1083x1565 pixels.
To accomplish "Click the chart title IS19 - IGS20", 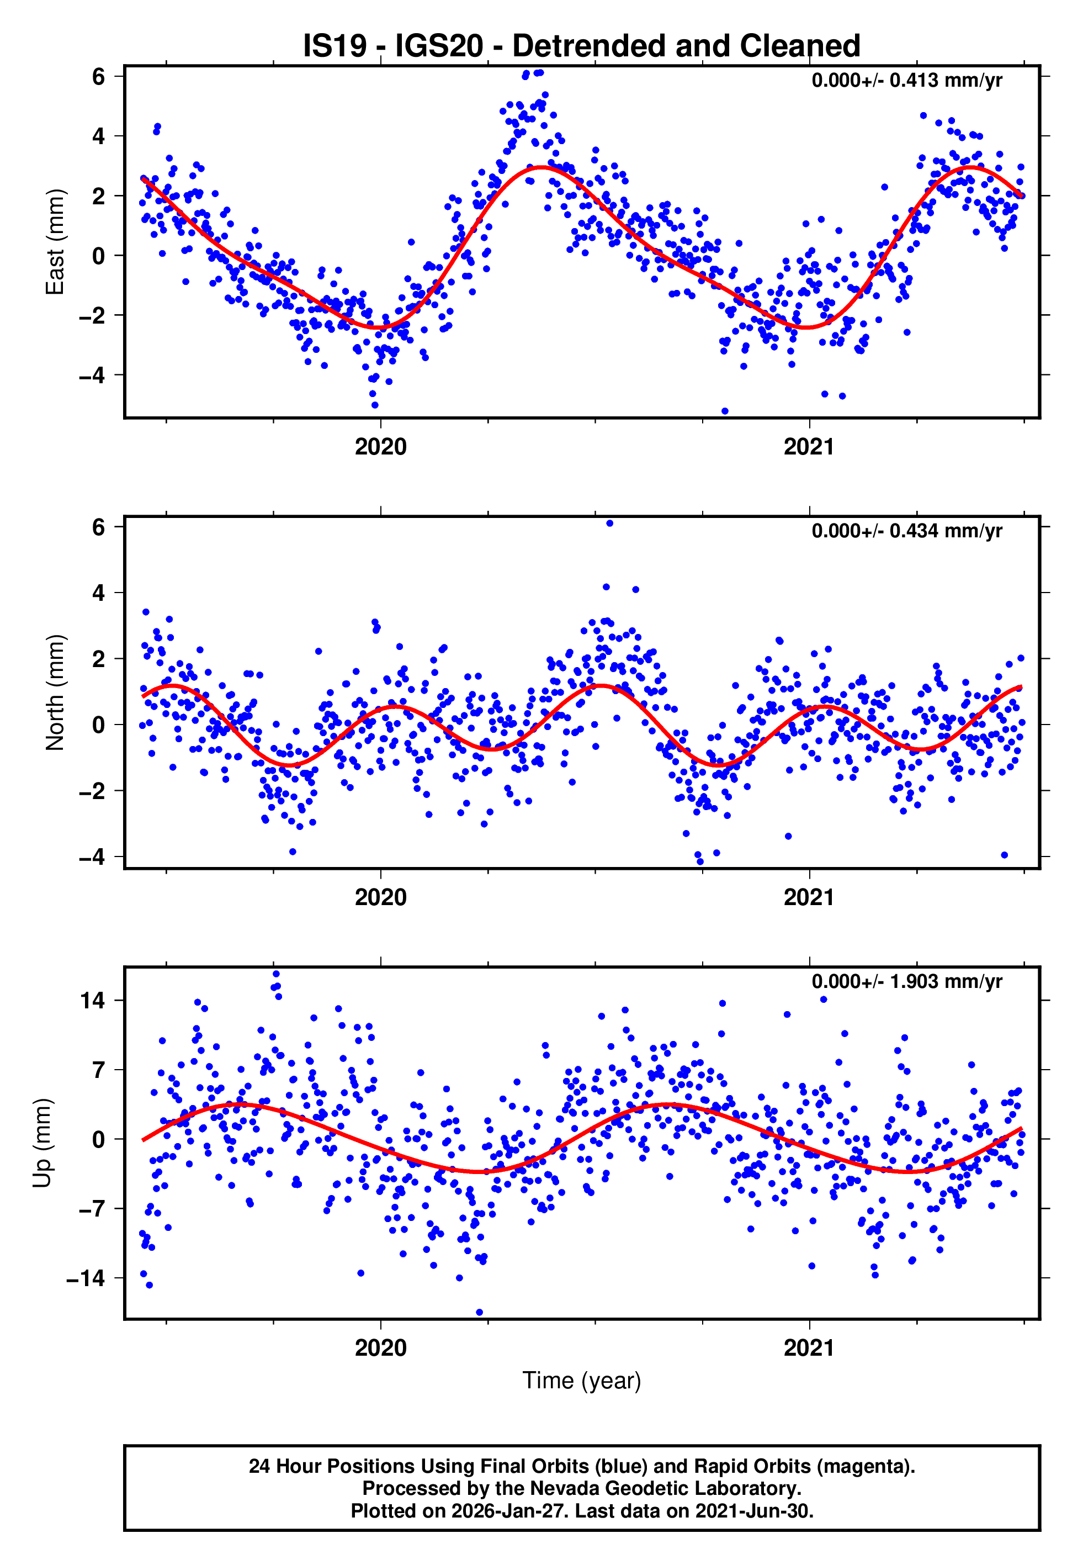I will [x=582, y=46].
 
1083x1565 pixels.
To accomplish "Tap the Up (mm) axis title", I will [x=42, y=1143].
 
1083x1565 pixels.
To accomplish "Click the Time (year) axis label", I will [x=582, y=1381].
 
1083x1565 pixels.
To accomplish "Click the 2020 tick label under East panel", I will [x=381, y=447].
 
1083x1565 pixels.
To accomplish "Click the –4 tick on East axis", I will [x=93, y=376].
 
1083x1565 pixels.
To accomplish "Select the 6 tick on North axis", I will [x=99, y=527].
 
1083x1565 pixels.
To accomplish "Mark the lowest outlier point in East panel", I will [x=725, y=411].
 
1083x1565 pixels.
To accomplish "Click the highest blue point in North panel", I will [x=609, y=524].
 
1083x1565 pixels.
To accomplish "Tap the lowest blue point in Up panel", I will [x=479, y=1313].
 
